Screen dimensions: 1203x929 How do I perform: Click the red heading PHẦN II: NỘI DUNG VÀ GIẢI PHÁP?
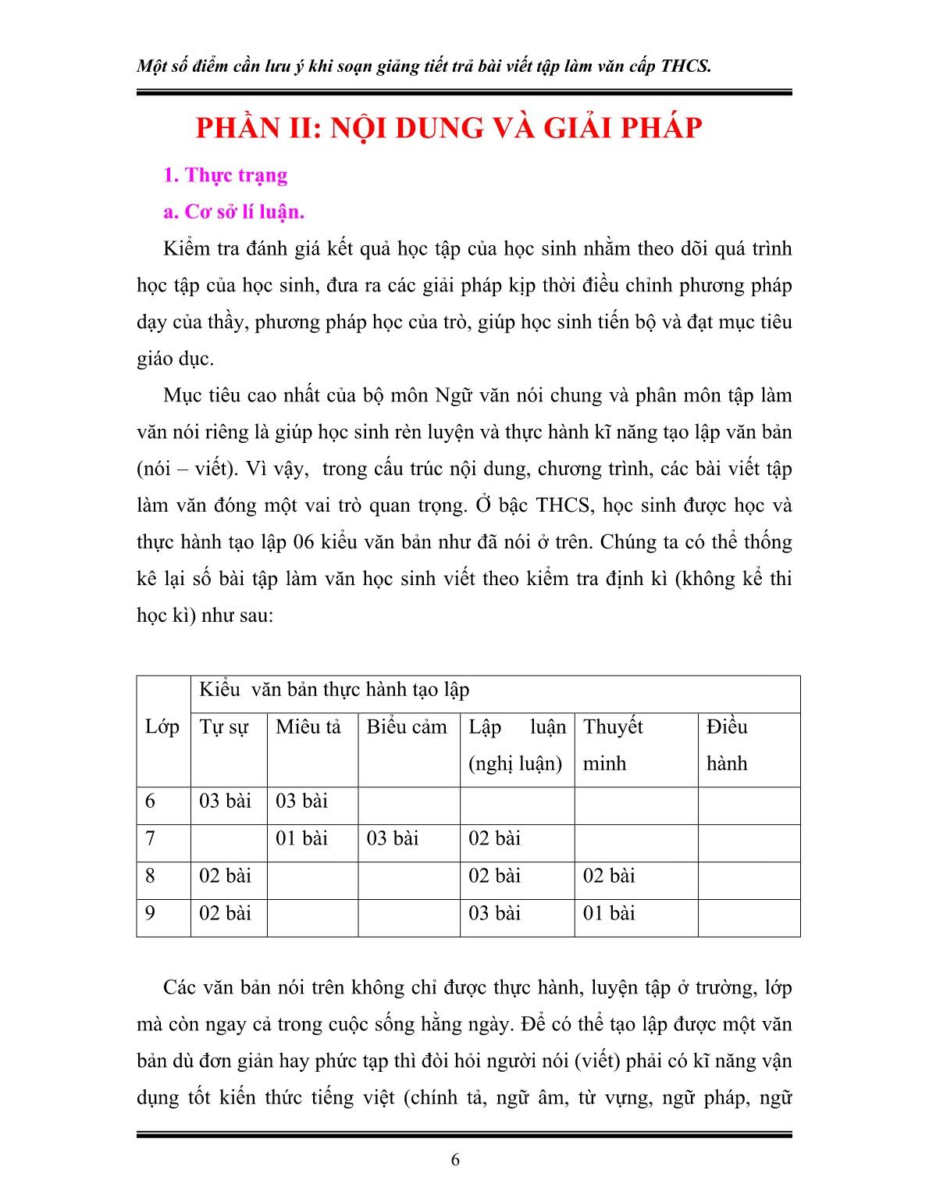coord(449,128)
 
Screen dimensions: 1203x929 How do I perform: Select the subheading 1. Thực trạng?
coord(225,175)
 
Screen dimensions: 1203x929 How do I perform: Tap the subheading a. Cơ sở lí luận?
coord(233,212)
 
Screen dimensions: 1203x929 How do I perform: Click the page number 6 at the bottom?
coord(455,1160)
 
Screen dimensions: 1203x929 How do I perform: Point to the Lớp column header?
coord(162,726)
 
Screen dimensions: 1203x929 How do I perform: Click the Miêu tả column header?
coord(308,727)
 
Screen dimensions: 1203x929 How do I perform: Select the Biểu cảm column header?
coord(407,727)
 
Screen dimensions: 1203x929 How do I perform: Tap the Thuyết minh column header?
coord(614,744)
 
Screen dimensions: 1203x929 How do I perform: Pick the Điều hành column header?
coord(727,744)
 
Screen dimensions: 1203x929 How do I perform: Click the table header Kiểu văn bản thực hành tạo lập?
coord(334,690)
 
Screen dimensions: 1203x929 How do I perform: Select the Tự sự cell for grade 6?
coord(225,801)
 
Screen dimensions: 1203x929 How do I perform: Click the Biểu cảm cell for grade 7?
coord(393,839)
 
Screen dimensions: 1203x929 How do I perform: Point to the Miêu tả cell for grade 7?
coord(301,839)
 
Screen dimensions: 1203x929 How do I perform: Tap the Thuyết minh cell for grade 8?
coord(609,876)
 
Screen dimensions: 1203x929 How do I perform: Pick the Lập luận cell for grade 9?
coord(494,914)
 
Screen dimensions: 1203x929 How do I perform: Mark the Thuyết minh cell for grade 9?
coord(609,914)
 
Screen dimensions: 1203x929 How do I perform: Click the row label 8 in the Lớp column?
coord(150,876)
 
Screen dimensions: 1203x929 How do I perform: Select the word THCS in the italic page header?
coord(685,66)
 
